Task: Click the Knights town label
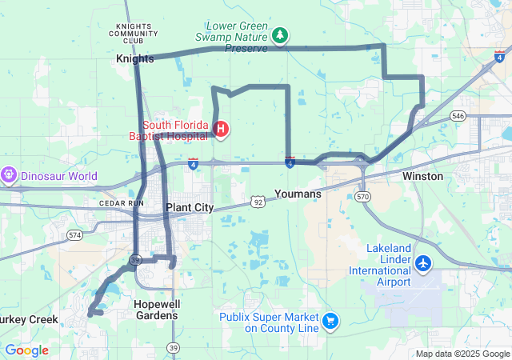click(x=134, y=58)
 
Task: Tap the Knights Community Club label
click(x=134, y=33)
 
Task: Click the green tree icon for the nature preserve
click(x=279, y=34)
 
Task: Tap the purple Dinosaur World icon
click(x=10, y=173)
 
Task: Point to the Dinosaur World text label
click(x=59, y=176)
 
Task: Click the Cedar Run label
click(x=122, y=203)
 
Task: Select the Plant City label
click(x=190, y=207)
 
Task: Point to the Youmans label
click(x=298, y=194)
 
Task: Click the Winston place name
click(x=422, y=176)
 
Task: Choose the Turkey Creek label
click(x=28, y=319)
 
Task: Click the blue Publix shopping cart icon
click(x=330, y=321)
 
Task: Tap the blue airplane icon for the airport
click(x=423, y=262)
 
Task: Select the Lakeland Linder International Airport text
click(x=379, y=265)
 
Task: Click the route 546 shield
click(x=457, y=116)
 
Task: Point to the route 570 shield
click(x=363, y=196)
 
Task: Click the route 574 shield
click(x=75, y=235)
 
